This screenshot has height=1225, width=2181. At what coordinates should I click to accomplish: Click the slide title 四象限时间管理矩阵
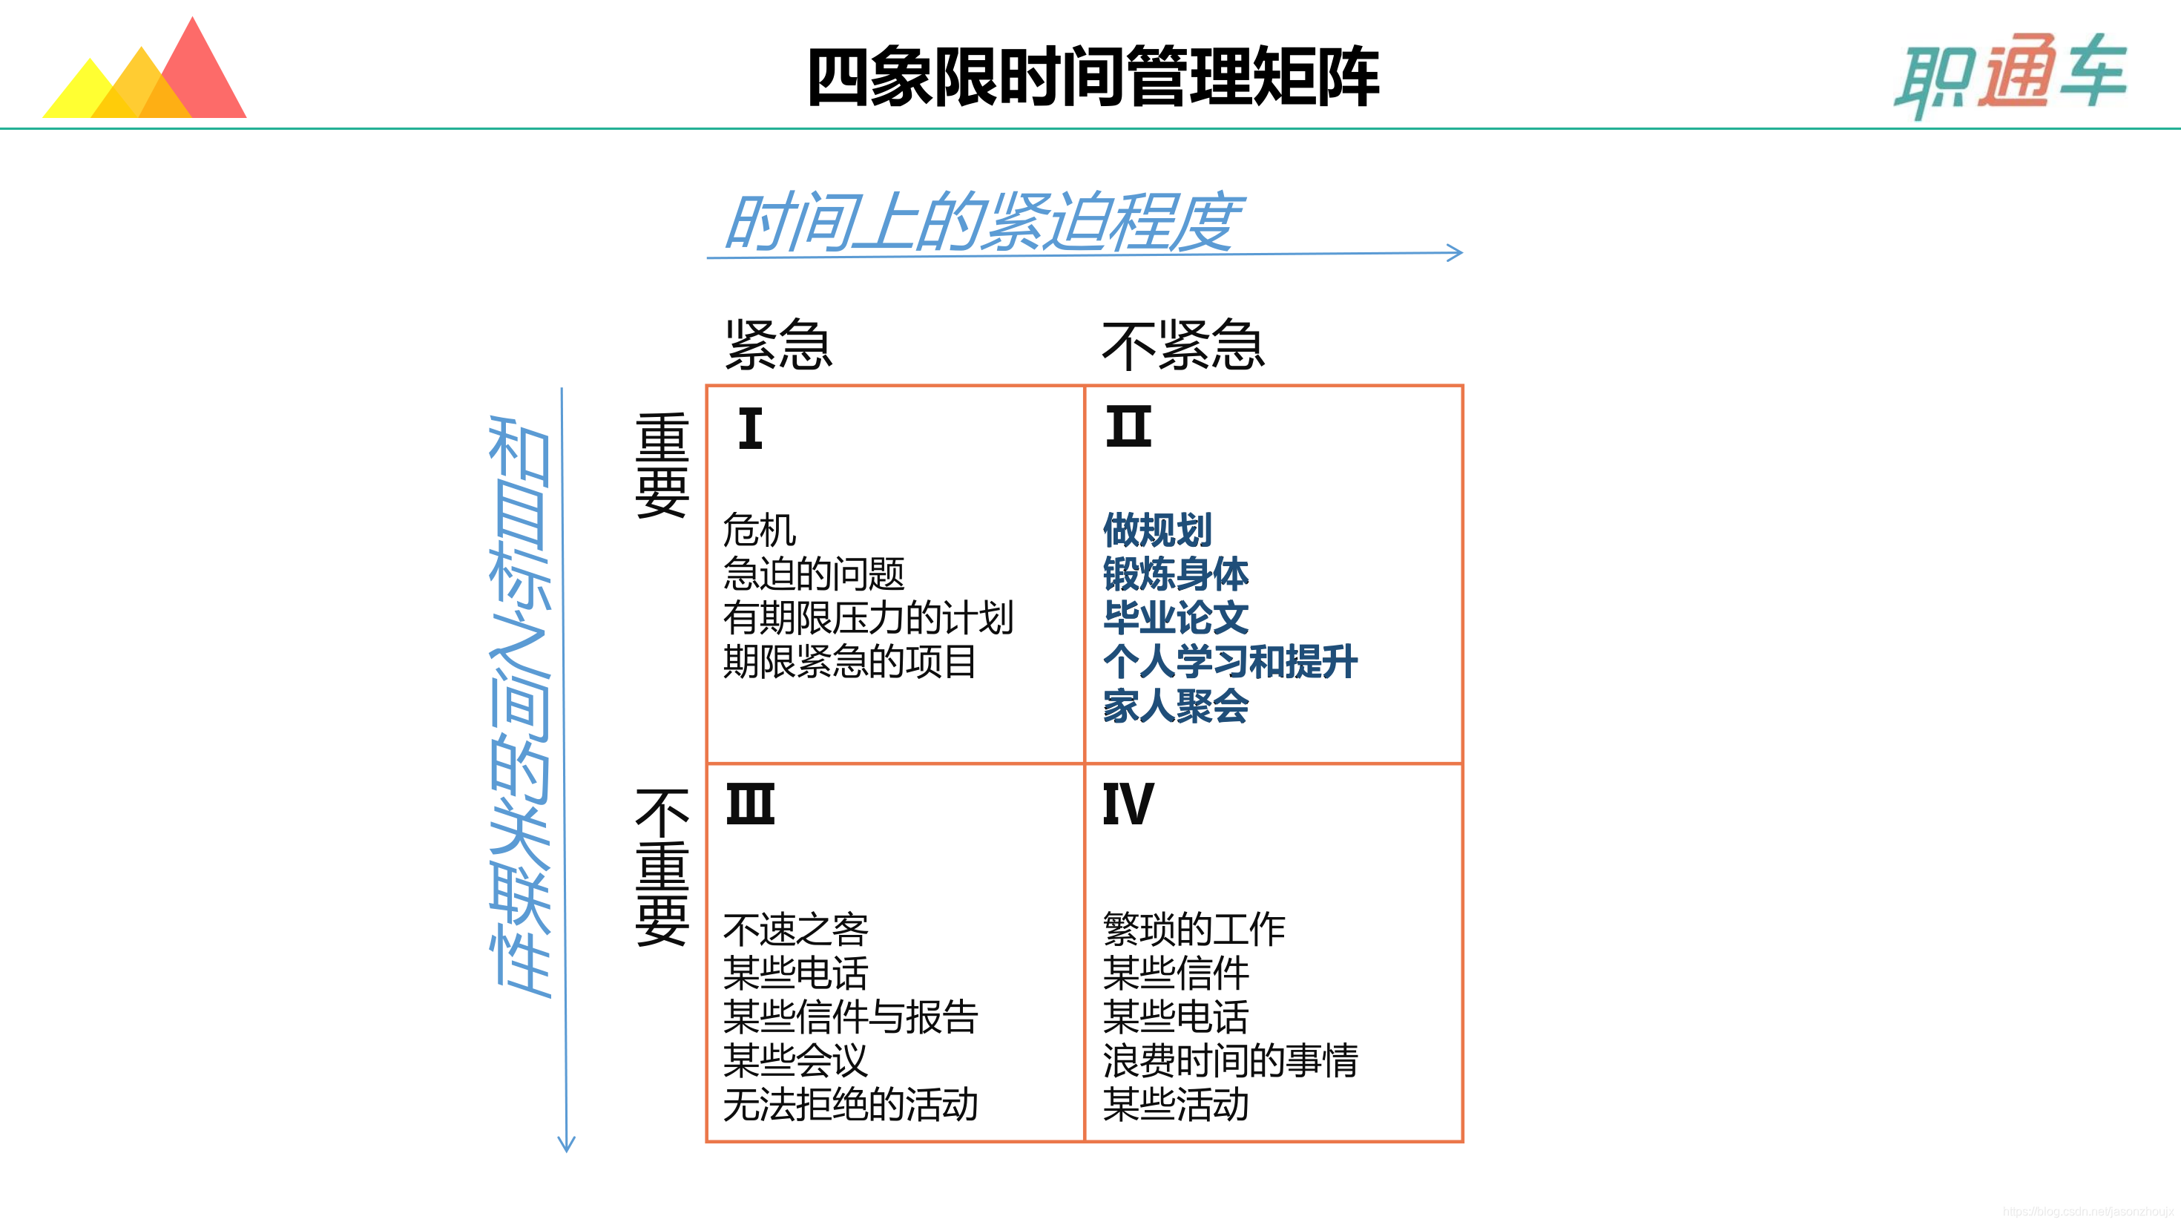(1093, 77)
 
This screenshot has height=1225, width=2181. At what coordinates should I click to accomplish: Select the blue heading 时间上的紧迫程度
(982, 222)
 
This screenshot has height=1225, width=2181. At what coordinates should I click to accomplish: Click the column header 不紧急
(1182, 346)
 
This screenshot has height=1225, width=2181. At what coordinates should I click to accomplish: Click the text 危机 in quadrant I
(760, 531)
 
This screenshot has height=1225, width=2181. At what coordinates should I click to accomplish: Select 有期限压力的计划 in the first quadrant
(868, 618)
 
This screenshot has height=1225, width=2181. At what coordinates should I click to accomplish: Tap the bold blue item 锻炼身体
(1175, 574)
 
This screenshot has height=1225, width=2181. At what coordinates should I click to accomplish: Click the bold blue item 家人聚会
(1175, 706)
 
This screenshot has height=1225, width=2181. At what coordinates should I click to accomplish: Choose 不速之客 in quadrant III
(795, 930)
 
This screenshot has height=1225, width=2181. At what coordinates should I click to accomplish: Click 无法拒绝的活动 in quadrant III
(850, 1104)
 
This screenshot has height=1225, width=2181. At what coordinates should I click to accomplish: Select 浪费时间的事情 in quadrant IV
(1229, 1060)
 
